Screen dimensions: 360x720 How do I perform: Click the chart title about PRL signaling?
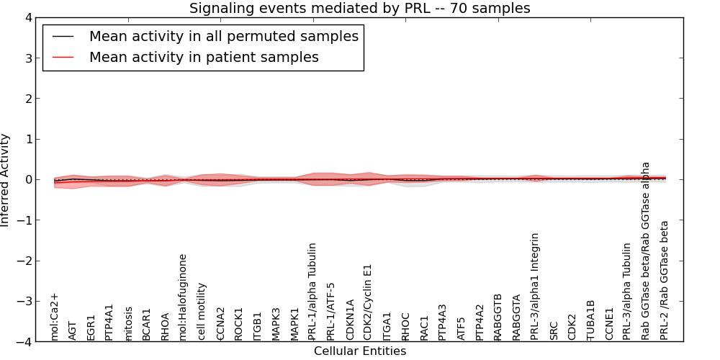tap(359, 9)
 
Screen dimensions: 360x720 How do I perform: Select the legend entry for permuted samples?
tap(223, 36)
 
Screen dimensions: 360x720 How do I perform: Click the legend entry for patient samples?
tap(204, 57)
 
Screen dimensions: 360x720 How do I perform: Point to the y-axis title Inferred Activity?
tap(6, 180)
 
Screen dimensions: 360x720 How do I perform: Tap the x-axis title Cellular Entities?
tap(359, 351)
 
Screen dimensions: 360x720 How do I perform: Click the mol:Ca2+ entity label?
tap(54, 316)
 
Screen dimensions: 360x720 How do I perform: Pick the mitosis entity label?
tap(128, 323)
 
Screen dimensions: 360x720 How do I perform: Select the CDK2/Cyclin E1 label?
tap(368, 302)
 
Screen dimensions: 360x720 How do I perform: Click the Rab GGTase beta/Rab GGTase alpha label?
tap(646, 251)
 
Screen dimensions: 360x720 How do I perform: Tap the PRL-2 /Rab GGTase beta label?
tap(665, 280)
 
